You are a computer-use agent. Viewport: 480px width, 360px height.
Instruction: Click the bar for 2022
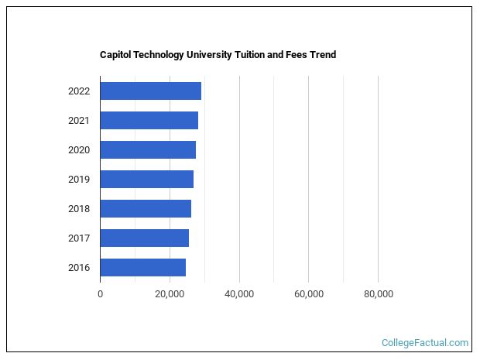pyautogui.click(x=150, y=91)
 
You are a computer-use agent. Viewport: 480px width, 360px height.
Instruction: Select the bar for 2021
pyautogui.click(x=149, y=120)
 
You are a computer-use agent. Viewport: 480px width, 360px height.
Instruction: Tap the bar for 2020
pyautogui.click(x=148, y=149)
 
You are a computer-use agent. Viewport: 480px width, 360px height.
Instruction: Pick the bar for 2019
pyautogui.click(x=146, y=179)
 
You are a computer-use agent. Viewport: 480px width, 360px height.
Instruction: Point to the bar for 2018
pyautogui.click(x=146, y=208)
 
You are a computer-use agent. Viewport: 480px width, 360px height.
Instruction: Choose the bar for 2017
pyautogui.click(x=144, y=238)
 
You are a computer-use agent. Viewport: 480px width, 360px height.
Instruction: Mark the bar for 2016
pyautogui.click(x=142, y=267)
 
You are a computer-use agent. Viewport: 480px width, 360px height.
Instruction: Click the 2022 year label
pyautogui.click(x=79, y=91)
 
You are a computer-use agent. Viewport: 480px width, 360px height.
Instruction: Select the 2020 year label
pyautogui.click(x=79, y=149)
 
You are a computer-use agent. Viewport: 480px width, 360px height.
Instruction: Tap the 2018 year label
pyautogui.click(x=79, y=208)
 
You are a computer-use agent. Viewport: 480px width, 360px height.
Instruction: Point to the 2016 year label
pyautogui.click(x=79, y=268)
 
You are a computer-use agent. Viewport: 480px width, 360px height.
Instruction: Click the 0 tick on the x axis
pyautogui.click(x=100, y=294)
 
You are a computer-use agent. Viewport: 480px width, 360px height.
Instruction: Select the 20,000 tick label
pyautogui.click(x=170, y=294)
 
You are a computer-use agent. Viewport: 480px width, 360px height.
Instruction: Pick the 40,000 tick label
pyautogui.click(x=239, y=294)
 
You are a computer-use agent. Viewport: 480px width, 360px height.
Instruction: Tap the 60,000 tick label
pyautogui.click(x=309, y=294)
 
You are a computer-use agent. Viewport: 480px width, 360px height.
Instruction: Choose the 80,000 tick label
pyautogui.click(x=378, y=294)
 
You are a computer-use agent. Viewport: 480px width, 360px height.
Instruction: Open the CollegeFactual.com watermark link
pyautogui.click(x=425, y=342)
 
